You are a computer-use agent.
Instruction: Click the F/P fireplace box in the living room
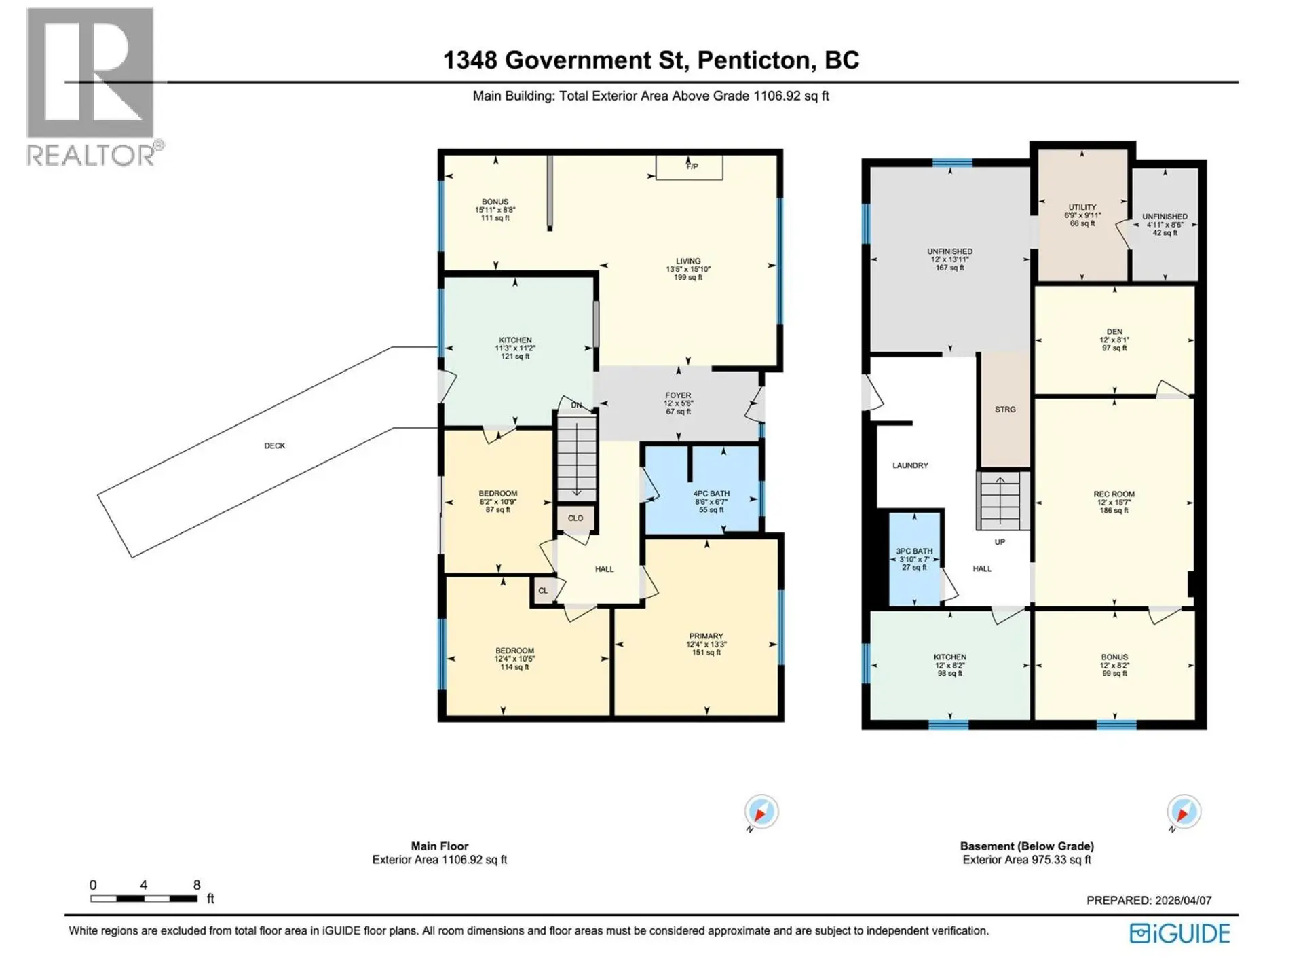pyautogui.click(x=689, y=167)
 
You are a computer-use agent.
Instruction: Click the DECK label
pyautogui.click(x=275, y=446)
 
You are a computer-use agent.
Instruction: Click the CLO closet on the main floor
pyautogui.click(x=575, y=518)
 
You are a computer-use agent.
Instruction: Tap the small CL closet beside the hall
pyautogui.click(x=543, y=591)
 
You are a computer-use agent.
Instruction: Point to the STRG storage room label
pyautogui.click(x=1005, y=410)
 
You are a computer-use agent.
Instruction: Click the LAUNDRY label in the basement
pyautogui.click(x=910, y=465)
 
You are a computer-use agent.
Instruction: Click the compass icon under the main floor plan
pyautogui.click(x=761, y=812)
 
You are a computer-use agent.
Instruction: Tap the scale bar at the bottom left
pyautogui.click(x=144, y=898)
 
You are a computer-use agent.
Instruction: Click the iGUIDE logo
pyautogui.click(x=1179, y=934)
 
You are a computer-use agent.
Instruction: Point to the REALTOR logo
pyautogui.click(x=92, y=87)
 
